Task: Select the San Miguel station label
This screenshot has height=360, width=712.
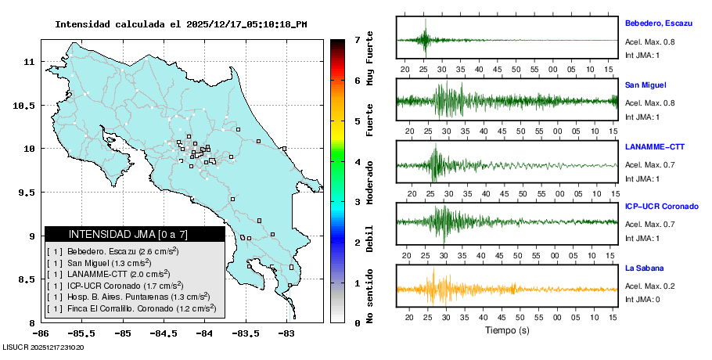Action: click(645, 85)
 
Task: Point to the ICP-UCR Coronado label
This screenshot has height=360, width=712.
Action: click(661, 207)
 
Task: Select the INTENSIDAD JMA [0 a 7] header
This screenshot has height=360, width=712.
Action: click(135, 234)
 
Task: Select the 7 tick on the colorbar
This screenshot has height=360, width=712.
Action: click(357, 39)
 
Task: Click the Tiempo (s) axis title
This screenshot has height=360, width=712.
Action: click(506, 330)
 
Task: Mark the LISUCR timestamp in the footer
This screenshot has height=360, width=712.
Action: click(44, 347)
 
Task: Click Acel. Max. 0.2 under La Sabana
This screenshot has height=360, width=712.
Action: click(649, 286)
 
